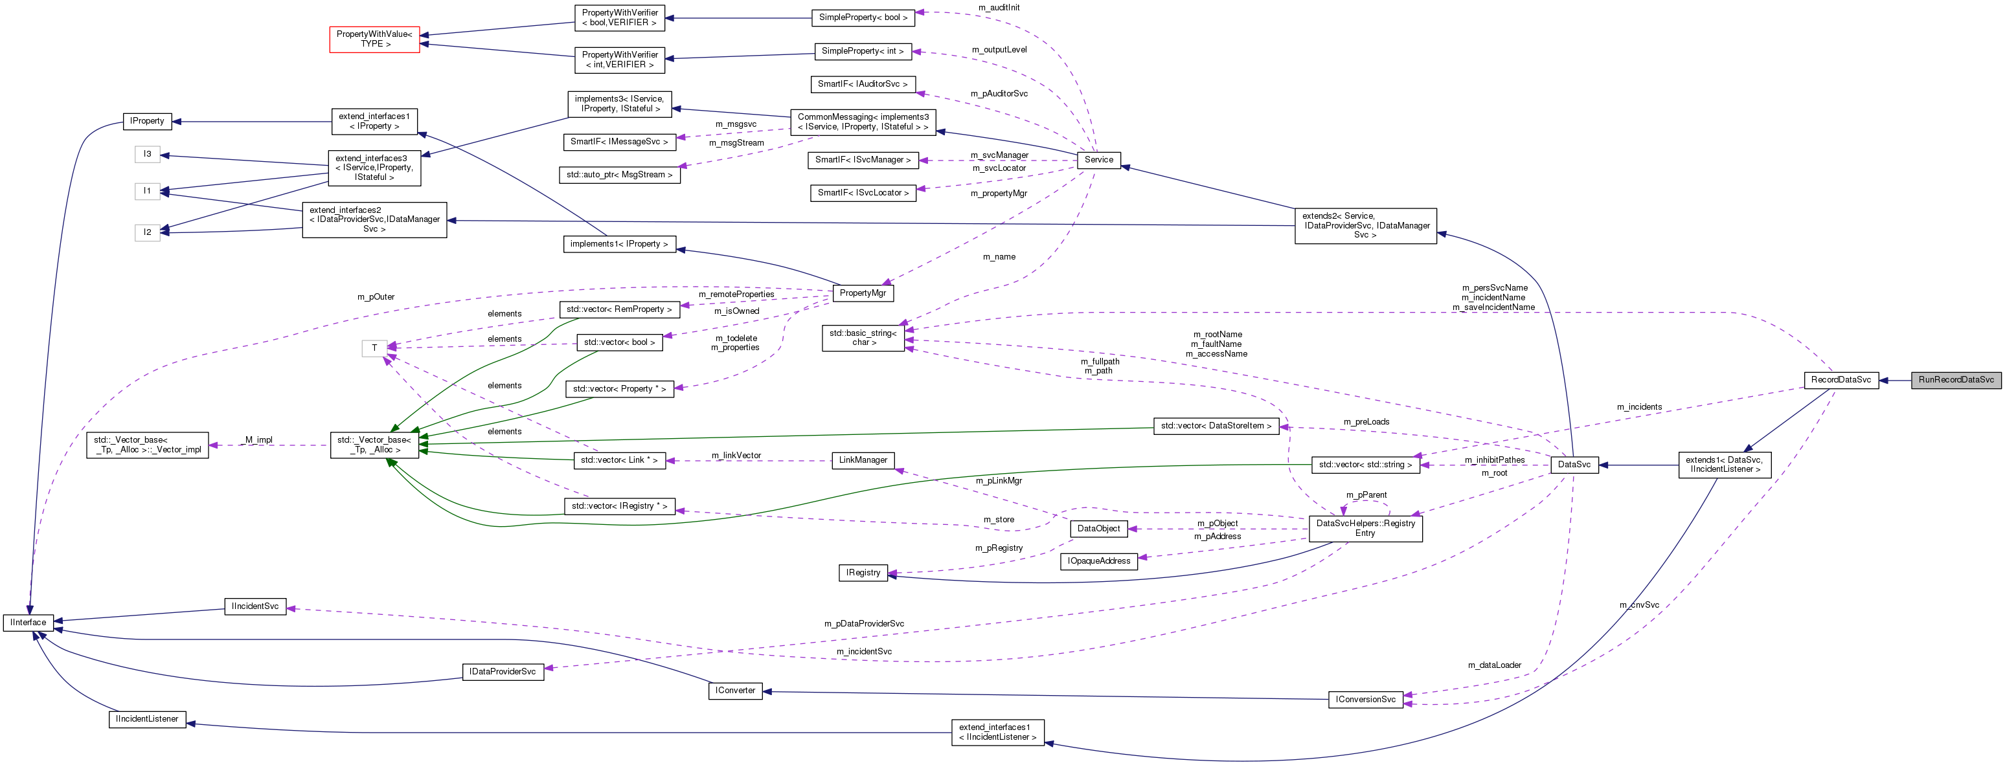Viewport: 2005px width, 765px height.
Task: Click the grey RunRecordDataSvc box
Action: tap(1955, 380)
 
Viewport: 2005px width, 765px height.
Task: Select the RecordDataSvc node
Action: tap(1841, 380)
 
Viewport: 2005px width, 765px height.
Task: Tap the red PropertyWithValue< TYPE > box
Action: tap(374, 39)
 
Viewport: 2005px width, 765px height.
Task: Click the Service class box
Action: tap(1098, 160)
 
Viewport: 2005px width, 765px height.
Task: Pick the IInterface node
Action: tap(28, 623)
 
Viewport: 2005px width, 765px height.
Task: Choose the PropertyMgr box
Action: tap(863, 293)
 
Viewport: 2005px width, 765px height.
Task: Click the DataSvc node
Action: tap(1574, 465)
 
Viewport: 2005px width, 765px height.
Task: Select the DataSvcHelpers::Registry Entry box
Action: tap(1365, 528)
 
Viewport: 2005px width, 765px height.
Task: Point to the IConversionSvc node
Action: tap(1365, 700)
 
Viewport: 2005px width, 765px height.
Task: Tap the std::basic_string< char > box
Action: tap(863, 338)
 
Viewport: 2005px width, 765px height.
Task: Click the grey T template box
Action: tap(374, 348)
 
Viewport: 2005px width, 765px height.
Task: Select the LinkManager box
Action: tap(863, 460)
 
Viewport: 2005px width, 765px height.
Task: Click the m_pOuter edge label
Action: tap(376, 297)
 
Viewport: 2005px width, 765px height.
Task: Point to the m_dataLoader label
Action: tap(1495, 665)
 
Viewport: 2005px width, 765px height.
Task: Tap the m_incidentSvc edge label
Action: tap(864, 651)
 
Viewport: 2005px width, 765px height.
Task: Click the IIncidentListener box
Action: tap(147, 719)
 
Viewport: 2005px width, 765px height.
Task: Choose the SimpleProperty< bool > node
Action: tap(863, 17)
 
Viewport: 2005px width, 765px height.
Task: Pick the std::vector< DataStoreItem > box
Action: tap(1216, 426)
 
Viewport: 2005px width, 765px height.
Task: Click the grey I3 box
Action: tap(147, 154)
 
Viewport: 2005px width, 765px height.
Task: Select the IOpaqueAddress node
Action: tap(1098, 561)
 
